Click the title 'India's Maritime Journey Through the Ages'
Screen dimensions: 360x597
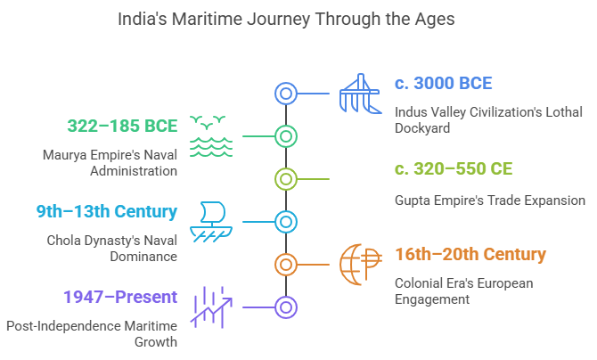298,19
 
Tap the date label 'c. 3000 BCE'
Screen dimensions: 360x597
444,85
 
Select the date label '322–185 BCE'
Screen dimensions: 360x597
122,126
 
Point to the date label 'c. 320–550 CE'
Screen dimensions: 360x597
454,169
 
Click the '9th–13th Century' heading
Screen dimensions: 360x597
106,211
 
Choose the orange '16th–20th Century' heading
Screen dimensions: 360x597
470,254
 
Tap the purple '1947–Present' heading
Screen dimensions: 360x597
119,297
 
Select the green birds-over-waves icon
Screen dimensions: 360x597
212,136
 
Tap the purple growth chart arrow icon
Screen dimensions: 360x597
212,307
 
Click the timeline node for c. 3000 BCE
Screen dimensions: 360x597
285,94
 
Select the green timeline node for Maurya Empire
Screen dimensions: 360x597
285,136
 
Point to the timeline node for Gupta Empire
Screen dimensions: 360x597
285,179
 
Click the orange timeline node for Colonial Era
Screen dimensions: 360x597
285,264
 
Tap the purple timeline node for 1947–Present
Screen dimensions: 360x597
285,307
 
